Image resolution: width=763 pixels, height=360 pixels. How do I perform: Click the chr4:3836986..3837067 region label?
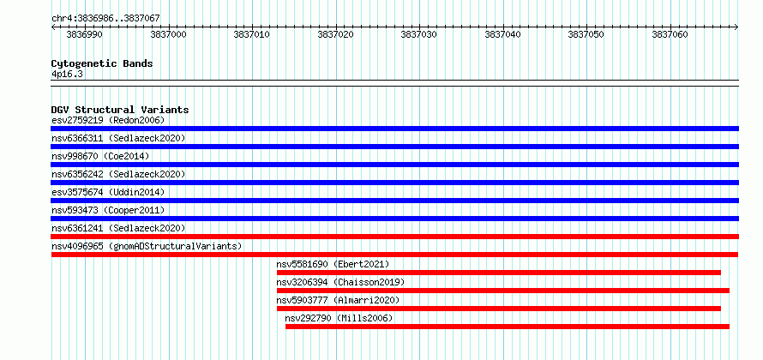point(105,18)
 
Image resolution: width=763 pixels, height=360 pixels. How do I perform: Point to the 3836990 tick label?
point(84,34)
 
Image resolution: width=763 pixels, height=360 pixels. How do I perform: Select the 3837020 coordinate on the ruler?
point(336,34)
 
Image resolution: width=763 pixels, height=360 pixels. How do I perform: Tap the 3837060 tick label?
point(670,34)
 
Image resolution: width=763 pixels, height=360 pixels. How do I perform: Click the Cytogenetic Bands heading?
point(102,63)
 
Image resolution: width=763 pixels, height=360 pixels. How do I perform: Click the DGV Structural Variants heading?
point(120,110)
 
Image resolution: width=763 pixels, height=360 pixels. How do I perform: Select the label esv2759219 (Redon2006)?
point(108,120)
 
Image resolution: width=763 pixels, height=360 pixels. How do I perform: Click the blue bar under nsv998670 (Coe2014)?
point(395,165)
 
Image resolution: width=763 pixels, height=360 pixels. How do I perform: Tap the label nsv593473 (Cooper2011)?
point(108,210)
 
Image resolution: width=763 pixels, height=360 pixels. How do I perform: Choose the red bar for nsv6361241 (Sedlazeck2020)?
point(395,237)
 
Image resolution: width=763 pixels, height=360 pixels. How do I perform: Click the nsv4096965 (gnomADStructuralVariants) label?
point(147,246)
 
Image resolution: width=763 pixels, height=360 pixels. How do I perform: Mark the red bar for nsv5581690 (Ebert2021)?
point(499,273)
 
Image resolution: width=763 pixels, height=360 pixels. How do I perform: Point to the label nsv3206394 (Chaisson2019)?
point(340,282)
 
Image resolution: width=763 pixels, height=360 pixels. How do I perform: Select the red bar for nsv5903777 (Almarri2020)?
point(499,309)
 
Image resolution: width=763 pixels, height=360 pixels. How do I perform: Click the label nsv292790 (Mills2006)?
point(339,318)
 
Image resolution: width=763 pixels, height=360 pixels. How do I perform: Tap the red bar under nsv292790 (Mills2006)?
point(508,327)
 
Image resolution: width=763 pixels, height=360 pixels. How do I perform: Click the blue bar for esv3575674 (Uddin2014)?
point(395,201)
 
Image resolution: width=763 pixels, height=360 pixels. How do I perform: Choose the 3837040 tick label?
point(502,34)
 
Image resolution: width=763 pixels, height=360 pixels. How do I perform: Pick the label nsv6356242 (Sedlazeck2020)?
point(118,174)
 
